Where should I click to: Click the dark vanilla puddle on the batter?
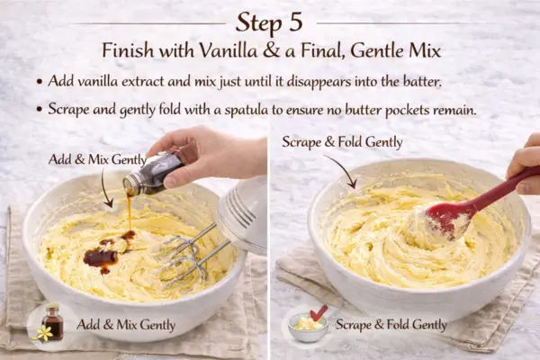coord(102,256)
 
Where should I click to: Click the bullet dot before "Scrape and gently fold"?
coord(40,110)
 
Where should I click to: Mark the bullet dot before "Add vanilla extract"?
coord(40,82)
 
